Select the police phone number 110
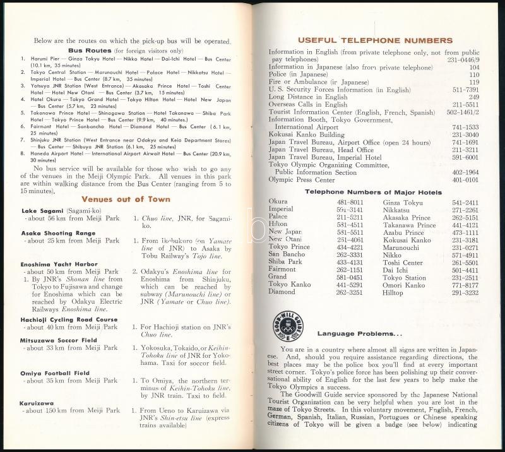click(x=474, y=74)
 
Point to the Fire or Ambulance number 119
click(x=474, y=82)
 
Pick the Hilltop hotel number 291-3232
click(x=465, y=292)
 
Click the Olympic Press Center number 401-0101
click(x=466, y=179)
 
